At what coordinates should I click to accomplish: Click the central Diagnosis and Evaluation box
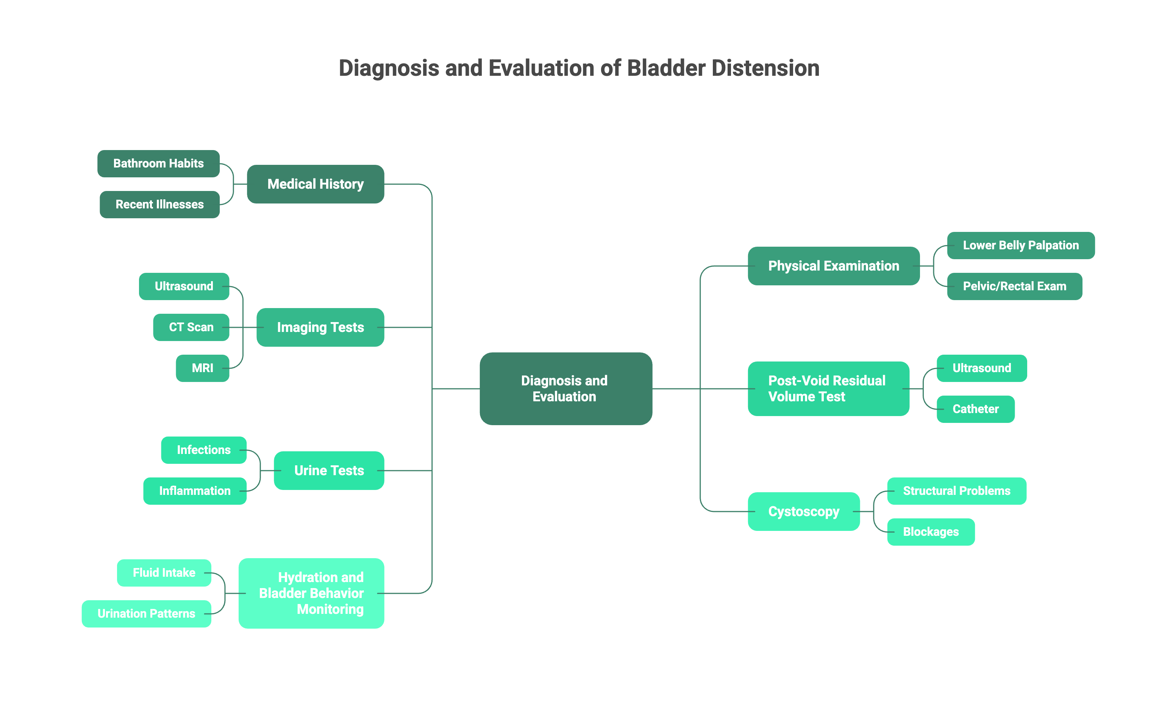coord(565,388)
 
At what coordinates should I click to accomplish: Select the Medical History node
coord(316,184)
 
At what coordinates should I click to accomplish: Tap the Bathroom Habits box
coord(158,164)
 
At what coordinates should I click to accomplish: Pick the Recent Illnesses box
coord(159,205)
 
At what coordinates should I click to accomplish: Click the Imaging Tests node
coord(320,327)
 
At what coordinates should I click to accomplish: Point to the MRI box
coord(202,368)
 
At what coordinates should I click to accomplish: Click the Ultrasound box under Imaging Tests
coord(184,286)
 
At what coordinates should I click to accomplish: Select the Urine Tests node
coord(329,471)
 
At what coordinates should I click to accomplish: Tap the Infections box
coord(204,450)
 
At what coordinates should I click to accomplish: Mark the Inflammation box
coord(195,491)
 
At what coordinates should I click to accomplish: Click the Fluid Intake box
coord(164,573)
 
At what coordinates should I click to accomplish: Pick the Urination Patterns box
coord(146,613)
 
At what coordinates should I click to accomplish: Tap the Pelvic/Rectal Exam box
coord(1014,286)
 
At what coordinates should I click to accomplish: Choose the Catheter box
coord(975,409)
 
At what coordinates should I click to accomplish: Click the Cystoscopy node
coord(803,511)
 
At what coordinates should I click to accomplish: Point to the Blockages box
coord(931,532)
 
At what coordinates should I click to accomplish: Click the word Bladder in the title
coord(666,68)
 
